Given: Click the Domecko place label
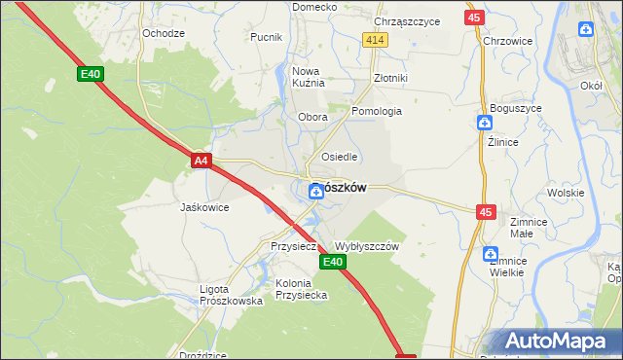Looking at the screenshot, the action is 314,7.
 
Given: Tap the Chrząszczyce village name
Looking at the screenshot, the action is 407,20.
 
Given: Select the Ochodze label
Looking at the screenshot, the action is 163,32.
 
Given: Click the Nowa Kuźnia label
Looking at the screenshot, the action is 307,77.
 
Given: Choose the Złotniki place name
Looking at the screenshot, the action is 389,78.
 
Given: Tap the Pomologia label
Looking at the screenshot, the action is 377,111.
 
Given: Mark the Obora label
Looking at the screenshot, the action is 312,117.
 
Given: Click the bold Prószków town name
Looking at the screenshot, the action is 338,189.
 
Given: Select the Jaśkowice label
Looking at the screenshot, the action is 204,207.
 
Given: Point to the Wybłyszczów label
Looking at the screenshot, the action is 367,247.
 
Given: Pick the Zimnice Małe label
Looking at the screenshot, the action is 528,228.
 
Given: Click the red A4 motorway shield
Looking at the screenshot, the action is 201,161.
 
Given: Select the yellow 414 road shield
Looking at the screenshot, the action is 376,39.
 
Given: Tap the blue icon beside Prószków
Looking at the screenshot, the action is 316,192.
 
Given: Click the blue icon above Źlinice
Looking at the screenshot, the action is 485,123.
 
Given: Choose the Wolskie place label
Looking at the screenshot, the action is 566,193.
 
